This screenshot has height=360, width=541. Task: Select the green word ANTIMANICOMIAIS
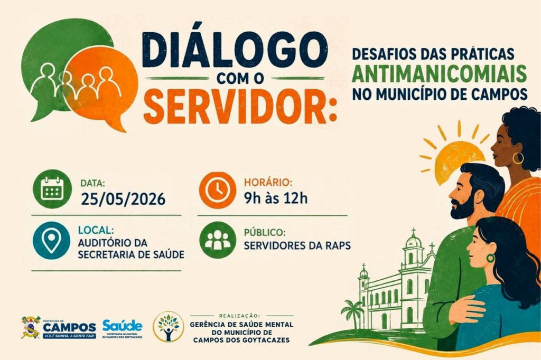tap(439, 73)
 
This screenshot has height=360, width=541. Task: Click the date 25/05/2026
tap(123, 199)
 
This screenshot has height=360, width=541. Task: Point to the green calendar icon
tap(52, 188)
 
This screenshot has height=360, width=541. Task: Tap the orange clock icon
tap(217, 190)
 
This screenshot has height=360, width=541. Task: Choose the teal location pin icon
tap(51, 240)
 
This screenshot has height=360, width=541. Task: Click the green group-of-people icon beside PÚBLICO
tap(218, 240)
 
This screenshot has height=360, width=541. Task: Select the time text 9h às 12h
tap(276, 198)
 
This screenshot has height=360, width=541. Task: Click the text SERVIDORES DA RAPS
tap(297, 245)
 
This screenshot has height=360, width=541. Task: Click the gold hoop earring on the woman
tap(518, 158)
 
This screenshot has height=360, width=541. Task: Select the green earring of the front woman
tap(490, 258)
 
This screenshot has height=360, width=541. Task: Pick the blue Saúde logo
tap(122, 328)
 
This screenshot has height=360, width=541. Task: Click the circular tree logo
tap(169, 327)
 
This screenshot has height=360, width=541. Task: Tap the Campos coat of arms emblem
tap(31, 327)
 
